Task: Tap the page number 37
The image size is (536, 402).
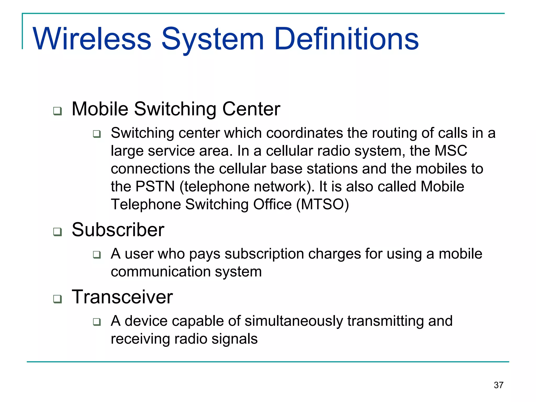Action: tap(498, 385)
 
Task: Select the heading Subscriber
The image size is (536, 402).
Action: tap(118, 230)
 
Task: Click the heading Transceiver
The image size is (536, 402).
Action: tap(122, 297)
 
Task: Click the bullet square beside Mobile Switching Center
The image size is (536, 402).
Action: tap(58, 111)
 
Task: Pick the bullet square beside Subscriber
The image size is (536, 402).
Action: tap(58, 232)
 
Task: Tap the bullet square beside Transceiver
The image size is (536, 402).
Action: tap(58, 299)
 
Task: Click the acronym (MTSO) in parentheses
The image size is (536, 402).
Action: tap(322, 204)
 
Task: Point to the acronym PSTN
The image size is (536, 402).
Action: tap(155, 187)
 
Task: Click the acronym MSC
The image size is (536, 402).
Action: tap(451, 151)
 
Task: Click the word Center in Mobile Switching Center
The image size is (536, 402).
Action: tap(251, 109)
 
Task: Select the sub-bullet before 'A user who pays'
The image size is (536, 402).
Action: tap(97, 254)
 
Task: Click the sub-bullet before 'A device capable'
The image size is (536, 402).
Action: tap(97, 322)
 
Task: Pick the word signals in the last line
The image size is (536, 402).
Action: tap(234, 339)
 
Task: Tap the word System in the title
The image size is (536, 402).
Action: tap(213, 39)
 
